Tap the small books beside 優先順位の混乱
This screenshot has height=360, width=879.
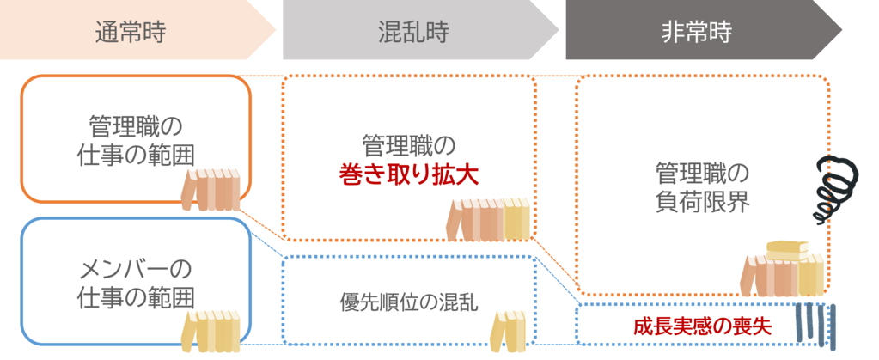point(506,327)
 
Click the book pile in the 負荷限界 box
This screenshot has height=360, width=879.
point(783,270)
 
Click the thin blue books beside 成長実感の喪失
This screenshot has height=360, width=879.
point(815,327)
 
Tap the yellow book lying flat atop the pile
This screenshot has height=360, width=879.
point(787,247)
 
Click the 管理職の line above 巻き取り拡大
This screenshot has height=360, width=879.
point(408,143)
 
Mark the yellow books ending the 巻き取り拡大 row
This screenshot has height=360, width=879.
point(516,218)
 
